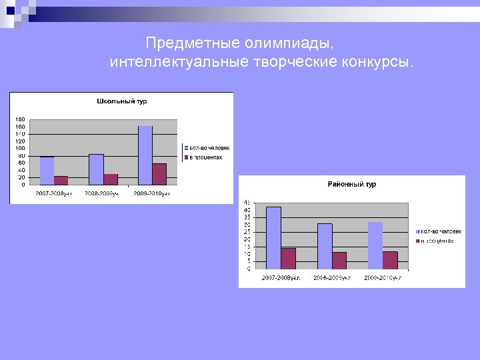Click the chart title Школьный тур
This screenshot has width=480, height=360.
click(x=122, y=101)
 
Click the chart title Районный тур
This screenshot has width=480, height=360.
click(x=351, y=184)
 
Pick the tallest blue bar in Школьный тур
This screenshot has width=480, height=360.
click(x=145, y=155)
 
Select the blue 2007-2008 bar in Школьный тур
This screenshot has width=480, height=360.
click(x=47, y=171)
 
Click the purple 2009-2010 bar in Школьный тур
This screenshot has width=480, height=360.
click(x=159, y=174)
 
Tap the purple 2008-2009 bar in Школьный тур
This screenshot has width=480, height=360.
click(x=111, y=179)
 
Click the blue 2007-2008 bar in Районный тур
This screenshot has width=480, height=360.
click(x=273, y=238)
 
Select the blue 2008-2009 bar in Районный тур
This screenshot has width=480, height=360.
click(x=325, y=246)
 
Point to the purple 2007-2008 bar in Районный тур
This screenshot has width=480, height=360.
click(x=288, y=259)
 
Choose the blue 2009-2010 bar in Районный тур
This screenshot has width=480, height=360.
click(x=375, y=245)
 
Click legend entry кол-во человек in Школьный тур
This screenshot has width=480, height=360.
click(x=209, y=147)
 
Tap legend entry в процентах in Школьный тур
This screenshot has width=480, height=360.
click(x=206, y=157)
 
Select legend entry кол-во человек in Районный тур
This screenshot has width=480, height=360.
click(x=441, y=231)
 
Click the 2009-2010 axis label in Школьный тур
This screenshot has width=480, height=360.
click(x=152, y=193)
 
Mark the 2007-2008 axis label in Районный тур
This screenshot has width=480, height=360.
click(x=281, y=277)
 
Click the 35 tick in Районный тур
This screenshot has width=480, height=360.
click(x=247, y=217)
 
